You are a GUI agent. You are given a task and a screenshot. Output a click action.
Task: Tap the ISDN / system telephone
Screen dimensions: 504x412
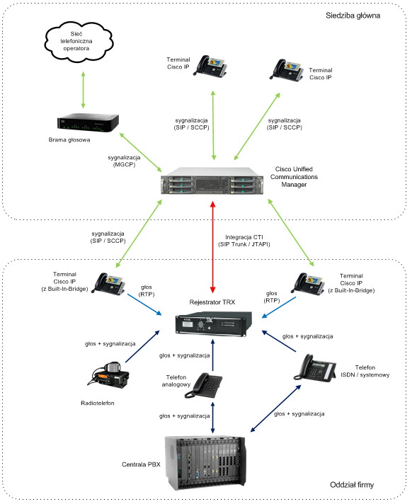(x=315, y=369)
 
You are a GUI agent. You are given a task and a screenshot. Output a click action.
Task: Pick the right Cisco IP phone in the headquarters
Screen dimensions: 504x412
(x=289, y=71)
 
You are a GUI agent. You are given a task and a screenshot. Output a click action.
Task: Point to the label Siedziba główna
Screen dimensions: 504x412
(x=354, y=14)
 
